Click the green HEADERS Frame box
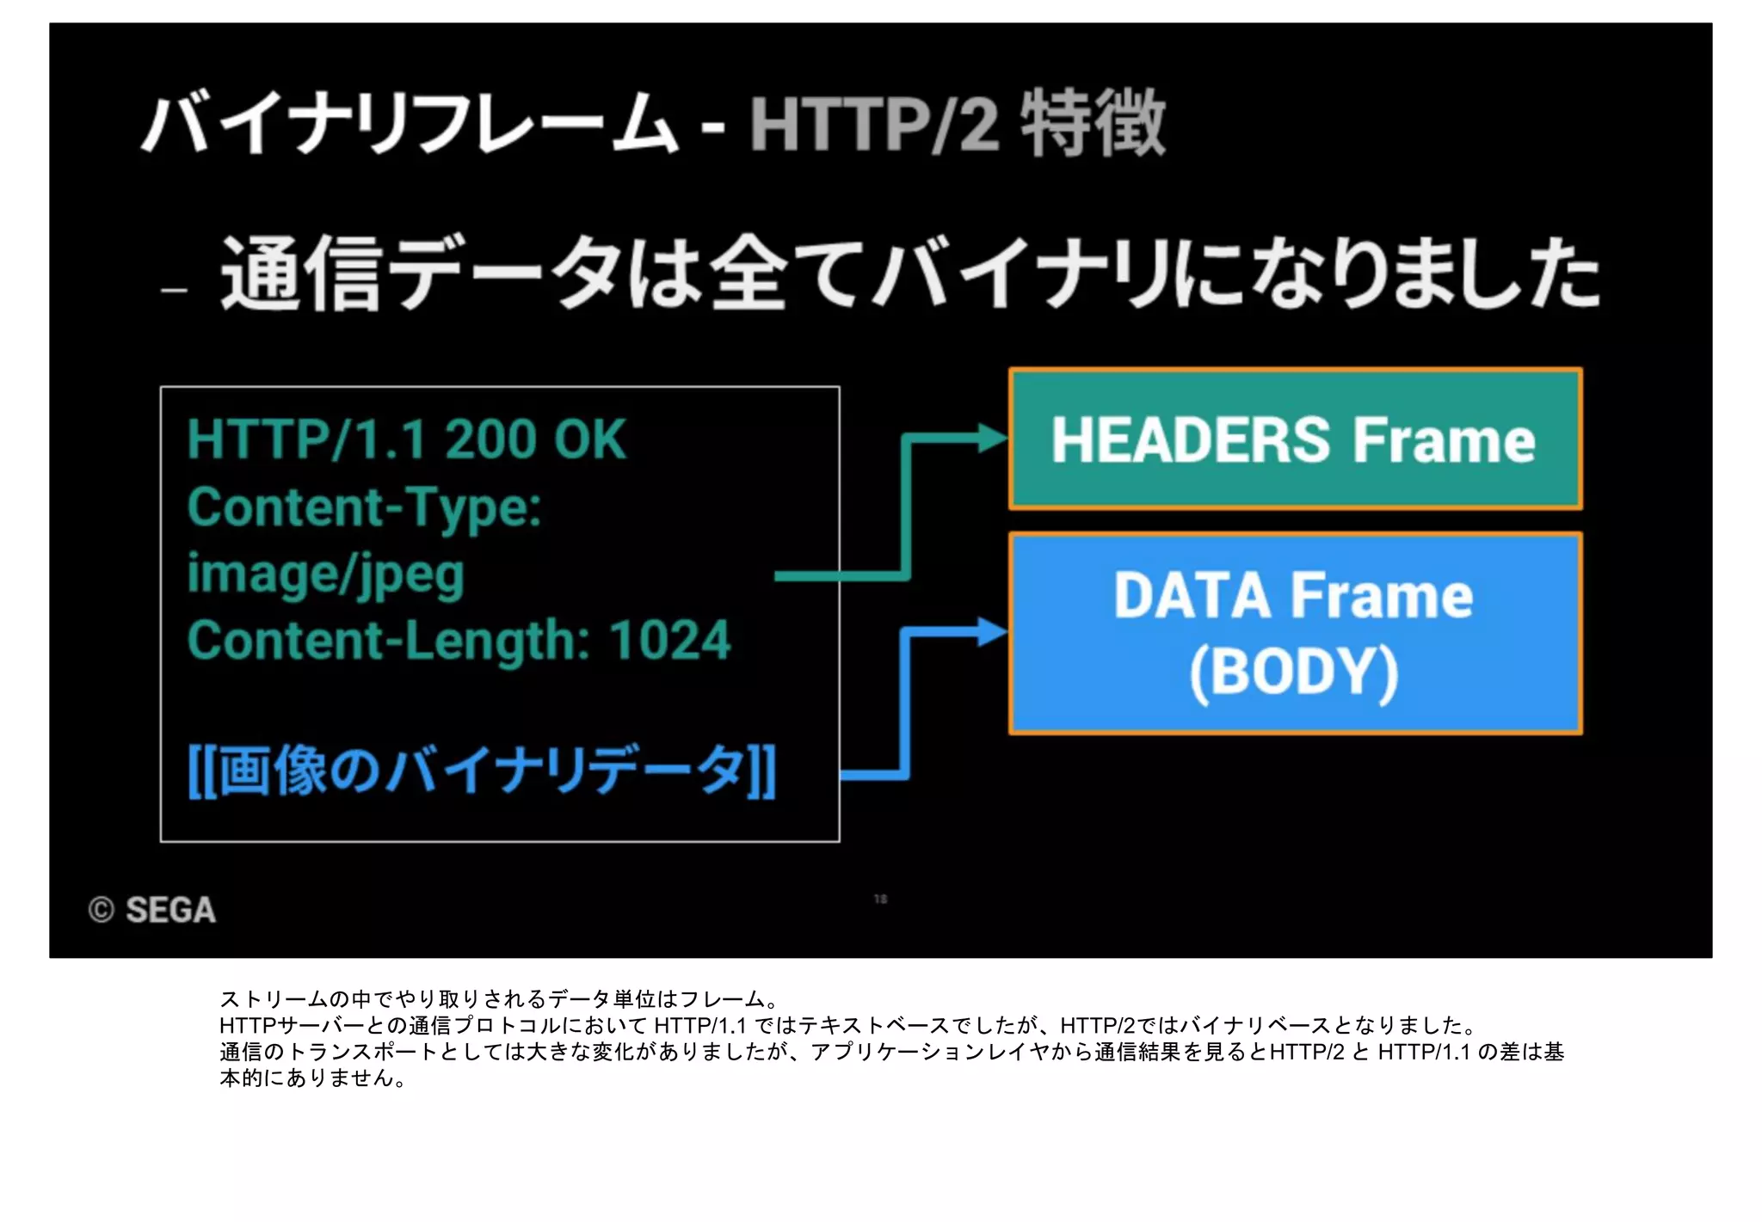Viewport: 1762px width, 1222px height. pyautogui.click(x=1295, y=439)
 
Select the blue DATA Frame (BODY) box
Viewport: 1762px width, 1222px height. pyautogui.click(x=1295, y=633)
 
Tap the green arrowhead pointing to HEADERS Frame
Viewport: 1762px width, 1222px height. pyautogui.click(x=993, y=439)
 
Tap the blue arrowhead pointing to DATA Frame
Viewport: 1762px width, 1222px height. pyautogui.click(x=993, y=633)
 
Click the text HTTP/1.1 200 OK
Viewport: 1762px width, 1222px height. pyautogui.click(x=406, y=439)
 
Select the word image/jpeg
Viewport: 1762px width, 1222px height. pyautogui.click(x=326, y=574)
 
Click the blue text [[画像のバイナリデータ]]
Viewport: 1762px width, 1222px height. pyautogui.click(x=482, y=771)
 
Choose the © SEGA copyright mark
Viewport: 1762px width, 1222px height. pyautogui.click(x=152, y=910)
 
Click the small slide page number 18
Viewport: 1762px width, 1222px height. pyautogui.click(x=880, y=899)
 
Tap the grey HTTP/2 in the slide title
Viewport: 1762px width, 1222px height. pyautogui.click(x=873, y=126)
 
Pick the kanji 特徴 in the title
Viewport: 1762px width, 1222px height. pyautogui.click(x=1093, y=124)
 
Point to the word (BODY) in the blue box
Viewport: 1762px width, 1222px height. pyautogui.click(x=1294, y=672)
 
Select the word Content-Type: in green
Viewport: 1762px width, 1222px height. pyautogui.click(x=365, y=507)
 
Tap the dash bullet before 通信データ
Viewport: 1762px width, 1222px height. pyautogui.click(x=175, y=291)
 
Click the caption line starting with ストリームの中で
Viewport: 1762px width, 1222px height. pyautogui.click(x=499, y=999)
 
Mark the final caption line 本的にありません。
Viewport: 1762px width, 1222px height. pyautogui.click(x=313, y=1078)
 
